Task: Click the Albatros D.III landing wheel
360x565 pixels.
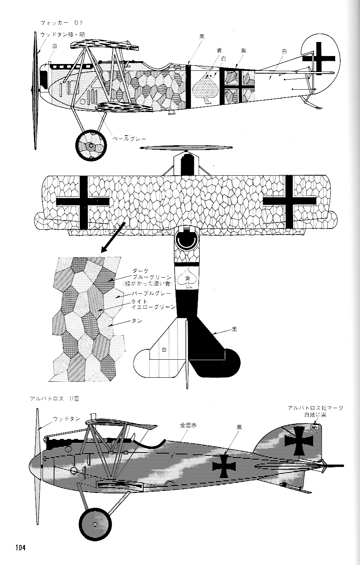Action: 95,524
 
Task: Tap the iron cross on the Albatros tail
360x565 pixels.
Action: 298,441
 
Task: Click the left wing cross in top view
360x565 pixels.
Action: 83,202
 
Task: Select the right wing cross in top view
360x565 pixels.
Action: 290,202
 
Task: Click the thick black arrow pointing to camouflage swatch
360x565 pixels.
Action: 114,236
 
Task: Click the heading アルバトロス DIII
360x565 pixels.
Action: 56,399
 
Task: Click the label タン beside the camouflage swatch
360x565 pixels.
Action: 137,321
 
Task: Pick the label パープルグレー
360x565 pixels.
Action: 155,293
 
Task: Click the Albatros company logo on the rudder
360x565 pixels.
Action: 314,427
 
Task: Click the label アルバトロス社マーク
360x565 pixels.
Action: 315,408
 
